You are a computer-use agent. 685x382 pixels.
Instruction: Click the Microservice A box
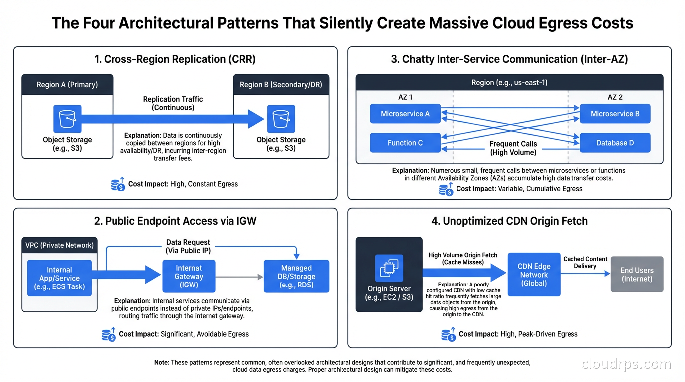[405, 114]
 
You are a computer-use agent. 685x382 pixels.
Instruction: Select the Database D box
[615, 143]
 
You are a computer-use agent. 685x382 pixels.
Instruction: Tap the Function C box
[405, 143]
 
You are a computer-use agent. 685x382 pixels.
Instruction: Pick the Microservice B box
[615, 114]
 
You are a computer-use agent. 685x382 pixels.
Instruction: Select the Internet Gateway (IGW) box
[189, 276]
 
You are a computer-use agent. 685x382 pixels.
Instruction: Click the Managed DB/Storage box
[296, 276]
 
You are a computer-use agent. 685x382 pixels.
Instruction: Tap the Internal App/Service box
[59, 278]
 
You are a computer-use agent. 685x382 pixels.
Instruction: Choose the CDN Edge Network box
[534, 275]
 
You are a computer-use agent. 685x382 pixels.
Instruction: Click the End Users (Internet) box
[637, 274]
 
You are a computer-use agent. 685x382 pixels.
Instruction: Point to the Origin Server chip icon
[389, 269]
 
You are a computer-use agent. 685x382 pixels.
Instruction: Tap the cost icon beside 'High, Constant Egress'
[118, 184]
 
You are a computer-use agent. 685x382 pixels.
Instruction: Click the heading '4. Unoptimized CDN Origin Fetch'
[509, 221]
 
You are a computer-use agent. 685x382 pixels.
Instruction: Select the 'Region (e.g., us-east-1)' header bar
[509, 82]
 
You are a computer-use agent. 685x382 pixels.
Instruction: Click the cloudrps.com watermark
[626, 364]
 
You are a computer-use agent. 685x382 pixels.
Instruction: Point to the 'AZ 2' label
[615, 97]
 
